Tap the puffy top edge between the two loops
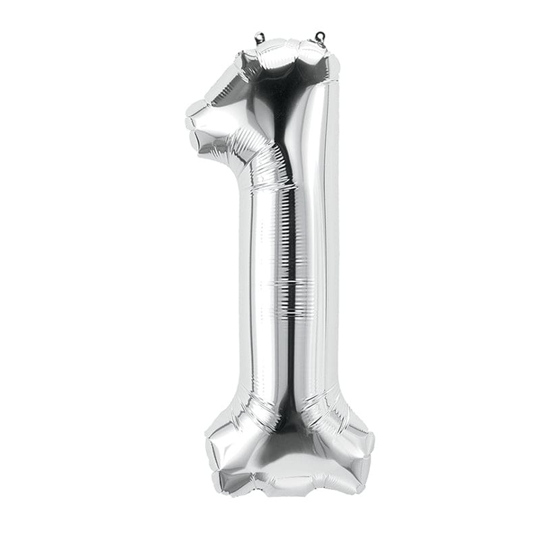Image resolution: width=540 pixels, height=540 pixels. pos(289,46)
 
